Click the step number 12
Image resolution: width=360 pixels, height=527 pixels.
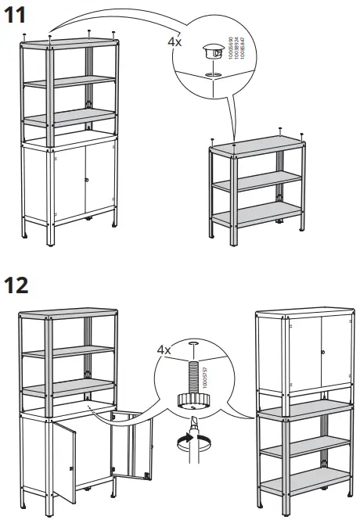click(18, 283)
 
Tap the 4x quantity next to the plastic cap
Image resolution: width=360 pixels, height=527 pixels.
click(175, 42)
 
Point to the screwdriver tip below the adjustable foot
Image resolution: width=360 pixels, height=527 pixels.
click(190, 428)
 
